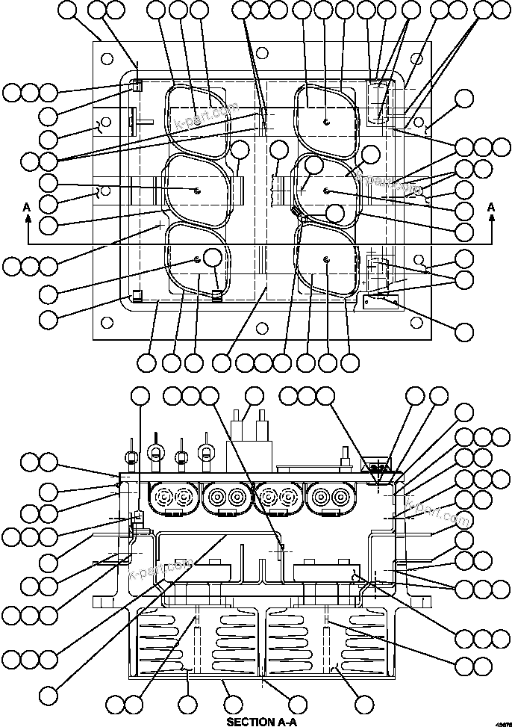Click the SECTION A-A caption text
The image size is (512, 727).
261,721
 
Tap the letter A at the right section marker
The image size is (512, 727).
490,206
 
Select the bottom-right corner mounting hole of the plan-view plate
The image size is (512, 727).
416,324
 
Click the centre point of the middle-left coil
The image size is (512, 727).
196,190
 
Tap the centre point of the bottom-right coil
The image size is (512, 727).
328,259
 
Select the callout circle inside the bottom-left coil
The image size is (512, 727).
212,259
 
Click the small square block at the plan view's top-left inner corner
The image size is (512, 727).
137,87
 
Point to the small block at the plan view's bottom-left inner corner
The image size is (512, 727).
137,294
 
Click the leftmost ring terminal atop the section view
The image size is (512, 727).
131,457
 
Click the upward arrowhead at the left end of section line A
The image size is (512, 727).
28,219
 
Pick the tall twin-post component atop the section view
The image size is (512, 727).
250,433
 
